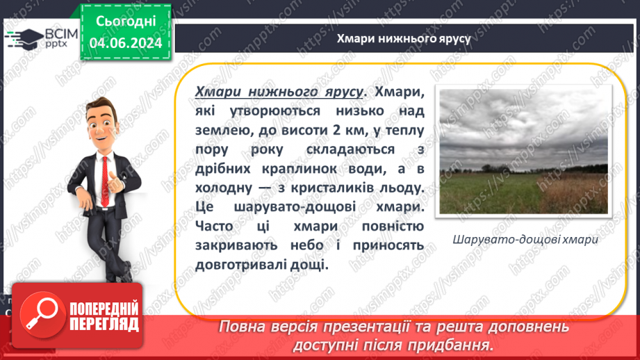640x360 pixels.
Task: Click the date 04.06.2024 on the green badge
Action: (x=126, y=43)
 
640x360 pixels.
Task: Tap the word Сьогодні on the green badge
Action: (x=126, y=22)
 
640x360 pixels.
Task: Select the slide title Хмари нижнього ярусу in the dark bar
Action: (x=404, y=38)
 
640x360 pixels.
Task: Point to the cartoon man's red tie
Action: (x=106, y=181)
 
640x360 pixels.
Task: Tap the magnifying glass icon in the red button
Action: (x=42, y=315)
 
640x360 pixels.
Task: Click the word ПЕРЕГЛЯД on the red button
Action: (x=104, y=325)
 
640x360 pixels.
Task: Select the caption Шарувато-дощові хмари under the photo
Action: (x=525, y=239)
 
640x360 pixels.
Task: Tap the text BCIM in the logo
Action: (x=61, y=34)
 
